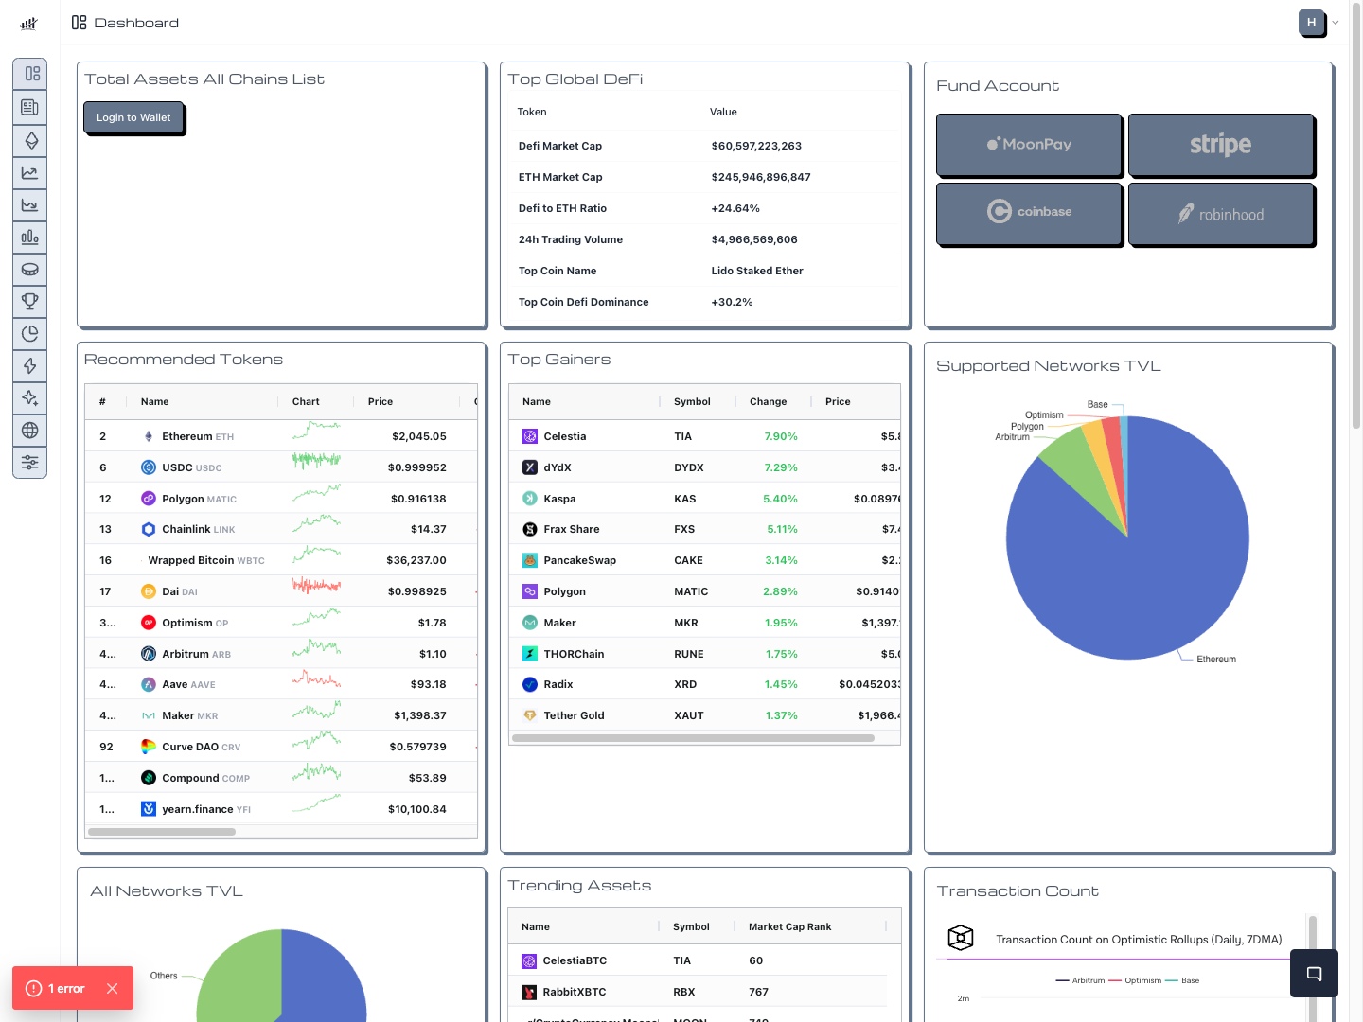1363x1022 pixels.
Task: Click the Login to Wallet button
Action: (133, 117)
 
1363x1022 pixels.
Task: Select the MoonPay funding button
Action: (1029, 144)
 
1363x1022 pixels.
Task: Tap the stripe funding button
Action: (1220, 144)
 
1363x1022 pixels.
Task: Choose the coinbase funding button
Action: (1029, 212)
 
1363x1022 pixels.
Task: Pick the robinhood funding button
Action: (1220, 214)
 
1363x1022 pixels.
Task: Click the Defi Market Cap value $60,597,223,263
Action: (756, 146)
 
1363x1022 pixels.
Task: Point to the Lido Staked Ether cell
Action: (757, 271)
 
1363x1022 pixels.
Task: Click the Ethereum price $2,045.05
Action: (418, 436)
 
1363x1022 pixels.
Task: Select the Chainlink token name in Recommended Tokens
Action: (186, 529)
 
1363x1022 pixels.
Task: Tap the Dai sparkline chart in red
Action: (316, 587)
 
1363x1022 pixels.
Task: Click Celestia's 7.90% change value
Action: (781, 436)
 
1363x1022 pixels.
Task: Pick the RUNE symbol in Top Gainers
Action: (689, 654)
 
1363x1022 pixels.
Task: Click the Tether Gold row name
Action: (574, 715)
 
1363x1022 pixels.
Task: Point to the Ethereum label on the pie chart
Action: (1215, 660)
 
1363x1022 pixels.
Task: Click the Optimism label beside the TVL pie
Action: (1044, 415)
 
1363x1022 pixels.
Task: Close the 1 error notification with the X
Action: (113, 988)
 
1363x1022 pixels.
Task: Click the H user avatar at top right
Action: (1311, 23)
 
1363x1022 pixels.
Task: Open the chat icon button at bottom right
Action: (1314, 974)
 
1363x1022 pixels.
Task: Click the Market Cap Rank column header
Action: (789, 926)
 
